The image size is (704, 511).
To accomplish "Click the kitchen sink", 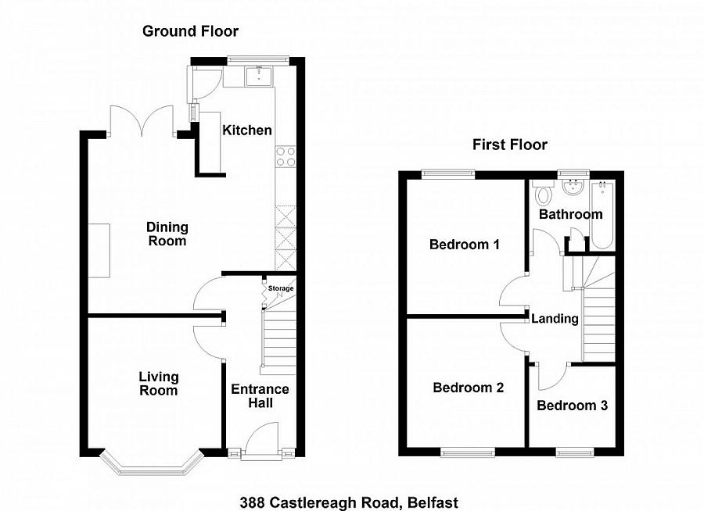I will (x=256, y=76).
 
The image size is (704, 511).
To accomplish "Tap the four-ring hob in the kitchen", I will (x=285, y=157).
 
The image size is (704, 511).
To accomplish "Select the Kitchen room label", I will (x=247, y=130).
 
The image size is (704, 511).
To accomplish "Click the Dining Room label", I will (x=167, y=234).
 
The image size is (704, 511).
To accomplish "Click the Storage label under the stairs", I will (x=281, y=289).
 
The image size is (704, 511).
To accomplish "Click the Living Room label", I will (x=159, y=384).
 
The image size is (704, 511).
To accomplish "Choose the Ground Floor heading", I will (x=190, y=31).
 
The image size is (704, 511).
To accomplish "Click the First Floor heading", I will (x=509, y=145).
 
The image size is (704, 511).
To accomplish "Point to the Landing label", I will (x=555, y=319).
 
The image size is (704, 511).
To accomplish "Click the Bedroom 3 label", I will (x=572, y=406).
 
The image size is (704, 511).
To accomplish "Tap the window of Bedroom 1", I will (x=449, y=172).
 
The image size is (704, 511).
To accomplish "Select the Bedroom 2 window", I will (x=468, y=451).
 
